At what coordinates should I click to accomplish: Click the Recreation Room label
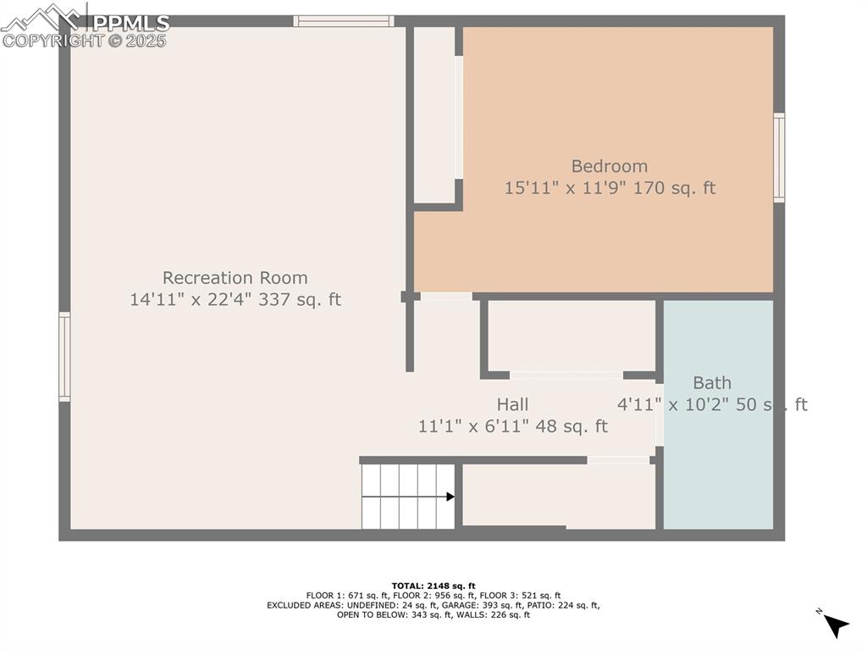235,278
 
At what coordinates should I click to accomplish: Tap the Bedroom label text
609,166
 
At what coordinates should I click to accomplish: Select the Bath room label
711,382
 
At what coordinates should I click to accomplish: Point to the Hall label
512,404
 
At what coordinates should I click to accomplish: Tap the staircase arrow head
450,497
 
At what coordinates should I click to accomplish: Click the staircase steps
406,497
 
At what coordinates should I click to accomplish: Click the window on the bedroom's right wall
779,158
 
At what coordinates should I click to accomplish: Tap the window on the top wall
344,21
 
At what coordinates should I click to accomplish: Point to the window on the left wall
64,356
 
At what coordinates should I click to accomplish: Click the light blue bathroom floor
718,475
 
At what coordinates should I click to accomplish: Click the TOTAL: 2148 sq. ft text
433,586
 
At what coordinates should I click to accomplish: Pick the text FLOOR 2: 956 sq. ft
433,596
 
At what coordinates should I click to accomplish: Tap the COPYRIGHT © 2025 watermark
85,40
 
